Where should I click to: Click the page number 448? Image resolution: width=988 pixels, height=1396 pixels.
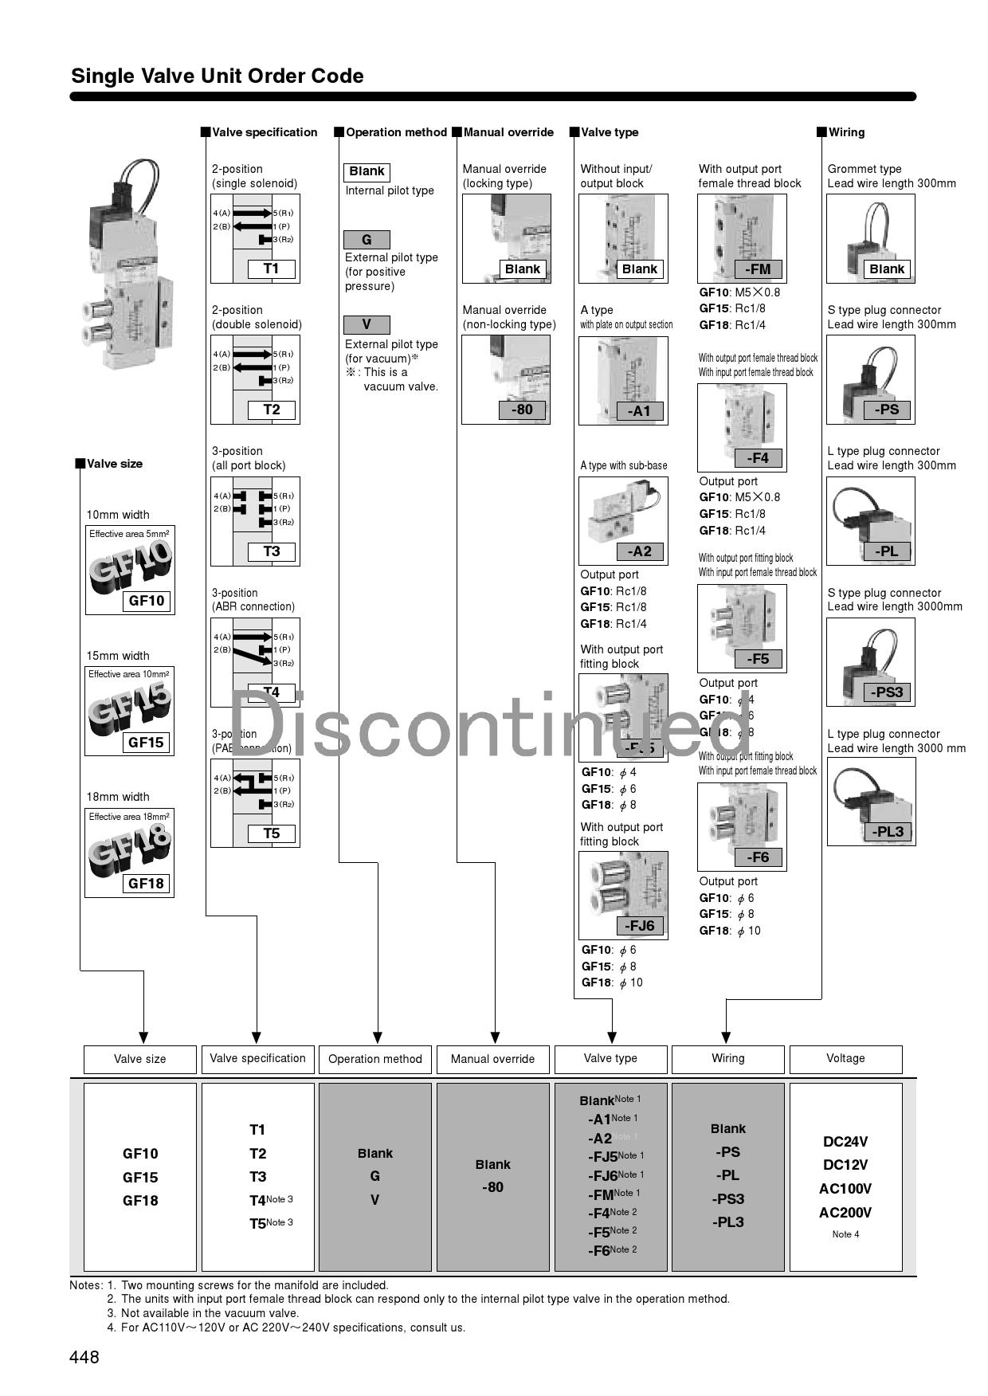84,1357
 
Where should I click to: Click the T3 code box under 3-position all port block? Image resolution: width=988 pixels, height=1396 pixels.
272,551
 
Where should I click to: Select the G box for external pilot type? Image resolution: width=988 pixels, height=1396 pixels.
367,240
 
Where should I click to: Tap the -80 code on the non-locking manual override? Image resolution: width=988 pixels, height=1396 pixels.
522,410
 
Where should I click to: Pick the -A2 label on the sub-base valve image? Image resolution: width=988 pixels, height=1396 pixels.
639,551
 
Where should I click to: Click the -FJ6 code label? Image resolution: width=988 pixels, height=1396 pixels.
639,926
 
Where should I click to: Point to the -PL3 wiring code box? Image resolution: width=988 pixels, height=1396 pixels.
888,832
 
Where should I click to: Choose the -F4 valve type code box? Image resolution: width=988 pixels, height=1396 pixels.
758,458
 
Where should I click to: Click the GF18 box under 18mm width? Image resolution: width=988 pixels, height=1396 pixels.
146,884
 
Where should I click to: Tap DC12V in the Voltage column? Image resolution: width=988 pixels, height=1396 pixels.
845,1165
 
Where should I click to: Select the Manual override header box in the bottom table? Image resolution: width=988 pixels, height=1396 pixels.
492,1060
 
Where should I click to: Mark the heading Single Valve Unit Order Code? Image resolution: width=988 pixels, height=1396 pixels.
218,76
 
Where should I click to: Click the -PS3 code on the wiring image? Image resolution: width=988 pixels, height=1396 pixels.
888,692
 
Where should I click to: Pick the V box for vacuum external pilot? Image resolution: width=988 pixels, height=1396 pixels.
367,325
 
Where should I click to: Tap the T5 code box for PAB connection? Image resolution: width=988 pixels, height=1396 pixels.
272,833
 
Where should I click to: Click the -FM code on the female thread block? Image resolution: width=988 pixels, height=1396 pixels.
758,269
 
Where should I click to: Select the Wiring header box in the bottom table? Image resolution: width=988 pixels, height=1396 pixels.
727,1059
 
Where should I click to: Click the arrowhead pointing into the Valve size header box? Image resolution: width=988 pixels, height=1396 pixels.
143,1037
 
